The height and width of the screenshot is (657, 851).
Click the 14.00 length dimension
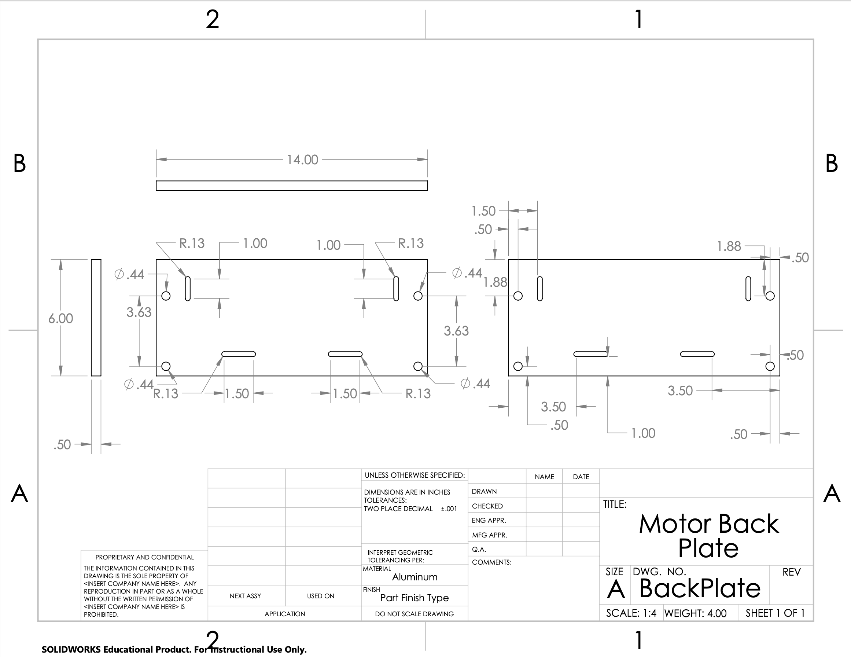tap(302, 159)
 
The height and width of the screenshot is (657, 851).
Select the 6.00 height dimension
tap(61, 319)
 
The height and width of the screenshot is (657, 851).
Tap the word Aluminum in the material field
tap(415, 577)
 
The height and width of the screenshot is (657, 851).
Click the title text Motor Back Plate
tap(709, 536)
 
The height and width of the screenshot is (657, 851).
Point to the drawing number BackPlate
tap(700, 588)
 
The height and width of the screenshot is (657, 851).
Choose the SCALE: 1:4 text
tap(631, 613)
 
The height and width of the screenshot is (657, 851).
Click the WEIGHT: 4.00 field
tap(696, 613)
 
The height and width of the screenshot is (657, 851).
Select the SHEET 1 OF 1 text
tap(776, 613)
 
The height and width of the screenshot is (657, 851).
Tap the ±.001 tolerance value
tap(449, 509)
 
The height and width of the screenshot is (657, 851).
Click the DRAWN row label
tap(485, 491)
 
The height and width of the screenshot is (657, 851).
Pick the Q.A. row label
tap(479, 549)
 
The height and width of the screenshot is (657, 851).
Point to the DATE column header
tap(581, 477)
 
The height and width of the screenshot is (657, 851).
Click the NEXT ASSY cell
tap(246, 596)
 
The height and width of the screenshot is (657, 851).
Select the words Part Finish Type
tap(415, 598)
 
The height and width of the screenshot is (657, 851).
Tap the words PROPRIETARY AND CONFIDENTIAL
tap(144, 557)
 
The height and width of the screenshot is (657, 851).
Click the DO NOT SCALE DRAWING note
tap(415, 614)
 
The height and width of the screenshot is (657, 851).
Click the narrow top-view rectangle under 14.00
tap(292, 186)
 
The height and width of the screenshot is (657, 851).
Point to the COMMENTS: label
tap(492, 562)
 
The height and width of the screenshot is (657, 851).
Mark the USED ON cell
tap(321, 596)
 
